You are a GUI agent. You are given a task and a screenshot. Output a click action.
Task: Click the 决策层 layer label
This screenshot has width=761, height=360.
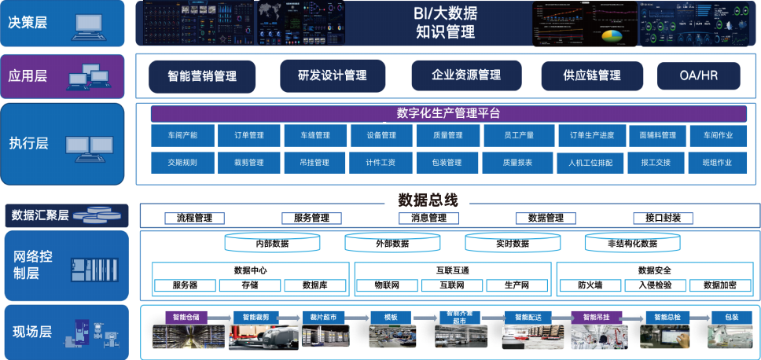coord(28,22)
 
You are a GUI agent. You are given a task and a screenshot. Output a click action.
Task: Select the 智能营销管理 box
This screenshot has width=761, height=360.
coord(202,76)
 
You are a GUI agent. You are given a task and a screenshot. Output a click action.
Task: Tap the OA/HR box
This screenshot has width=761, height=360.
coord(698,75)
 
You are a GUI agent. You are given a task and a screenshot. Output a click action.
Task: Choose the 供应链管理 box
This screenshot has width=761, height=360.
coord(591,75)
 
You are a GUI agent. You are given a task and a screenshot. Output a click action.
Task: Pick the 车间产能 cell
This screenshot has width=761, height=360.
coord(182,135)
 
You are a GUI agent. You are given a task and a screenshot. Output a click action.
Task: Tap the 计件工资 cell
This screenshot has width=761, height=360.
coord(381,163)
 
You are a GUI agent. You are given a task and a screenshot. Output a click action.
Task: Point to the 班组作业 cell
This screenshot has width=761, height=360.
coord(721,163)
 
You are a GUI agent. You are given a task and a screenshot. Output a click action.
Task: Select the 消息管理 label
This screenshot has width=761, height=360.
coord(428,218)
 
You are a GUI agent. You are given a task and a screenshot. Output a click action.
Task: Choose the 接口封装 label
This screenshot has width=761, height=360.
coord(663,218)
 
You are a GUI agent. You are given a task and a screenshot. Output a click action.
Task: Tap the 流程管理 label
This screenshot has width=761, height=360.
coord(194,218)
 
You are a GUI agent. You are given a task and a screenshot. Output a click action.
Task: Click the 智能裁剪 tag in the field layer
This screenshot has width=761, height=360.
coord(256,317)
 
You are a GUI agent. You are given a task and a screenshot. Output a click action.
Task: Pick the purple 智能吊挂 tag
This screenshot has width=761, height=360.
coord(601,317)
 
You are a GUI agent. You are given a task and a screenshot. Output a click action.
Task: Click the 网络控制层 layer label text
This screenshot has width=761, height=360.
coord(33,264)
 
